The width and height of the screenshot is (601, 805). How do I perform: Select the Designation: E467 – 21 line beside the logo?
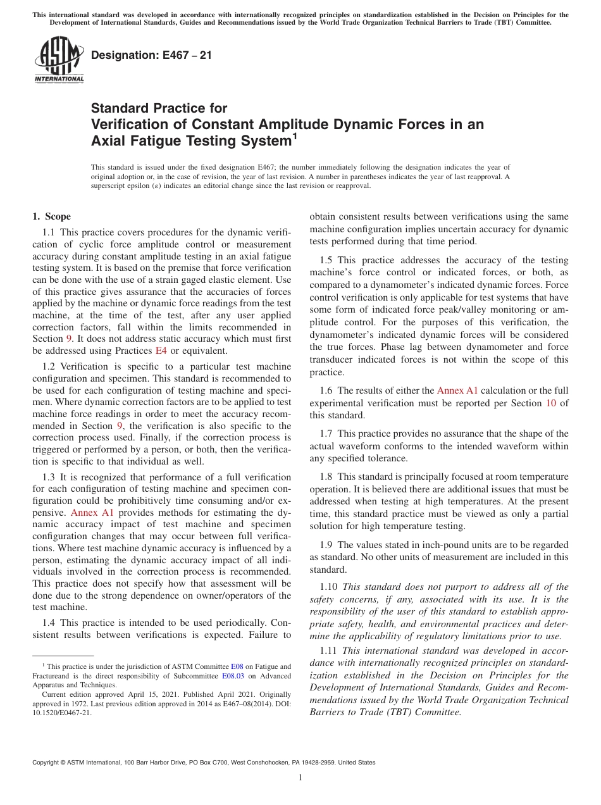[151, 56]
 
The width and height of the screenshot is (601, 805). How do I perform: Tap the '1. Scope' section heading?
[52, 216]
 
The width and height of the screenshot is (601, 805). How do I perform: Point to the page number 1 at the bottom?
[300, 778]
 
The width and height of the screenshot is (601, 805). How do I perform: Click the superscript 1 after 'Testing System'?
[294, 135]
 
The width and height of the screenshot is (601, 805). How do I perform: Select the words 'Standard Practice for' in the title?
[159, 108]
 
